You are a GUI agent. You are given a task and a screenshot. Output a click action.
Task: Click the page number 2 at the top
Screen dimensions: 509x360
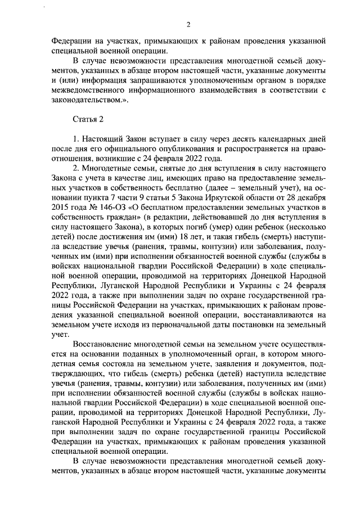(188, 24)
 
